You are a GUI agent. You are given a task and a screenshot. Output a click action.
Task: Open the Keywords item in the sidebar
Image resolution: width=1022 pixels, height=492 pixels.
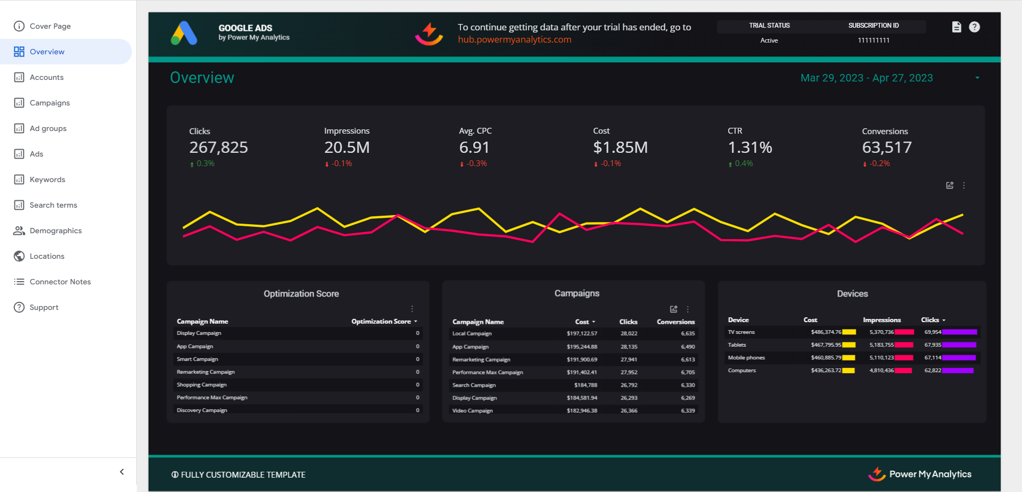click(47, 179)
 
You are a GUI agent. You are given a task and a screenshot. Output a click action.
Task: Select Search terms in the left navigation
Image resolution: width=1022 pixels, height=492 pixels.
click(53, 205)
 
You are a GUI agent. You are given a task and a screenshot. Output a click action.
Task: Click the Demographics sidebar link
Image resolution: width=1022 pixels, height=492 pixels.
click(55, 231)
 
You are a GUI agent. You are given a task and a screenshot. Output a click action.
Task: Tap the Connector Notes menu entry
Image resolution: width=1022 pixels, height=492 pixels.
click(60, 282)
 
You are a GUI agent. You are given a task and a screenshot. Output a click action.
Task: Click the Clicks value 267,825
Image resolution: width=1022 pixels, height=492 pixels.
click(218, 147)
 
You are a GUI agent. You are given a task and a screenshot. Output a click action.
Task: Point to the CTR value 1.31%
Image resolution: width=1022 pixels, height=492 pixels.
click(749, 147)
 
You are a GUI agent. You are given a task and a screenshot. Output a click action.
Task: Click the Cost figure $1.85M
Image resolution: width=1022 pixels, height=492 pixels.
click(620, 147)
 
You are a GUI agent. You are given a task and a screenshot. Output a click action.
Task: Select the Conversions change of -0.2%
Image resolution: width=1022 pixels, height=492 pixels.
click(879, 163)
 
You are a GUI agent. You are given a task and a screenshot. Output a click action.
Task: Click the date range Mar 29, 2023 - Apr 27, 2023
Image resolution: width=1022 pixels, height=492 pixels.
click(866, 78)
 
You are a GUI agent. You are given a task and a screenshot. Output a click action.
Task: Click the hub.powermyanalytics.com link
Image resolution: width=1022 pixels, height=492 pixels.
click(514, 40)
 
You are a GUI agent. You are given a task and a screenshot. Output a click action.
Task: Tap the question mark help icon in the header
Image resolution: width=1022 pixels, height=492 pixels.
click(974, 27)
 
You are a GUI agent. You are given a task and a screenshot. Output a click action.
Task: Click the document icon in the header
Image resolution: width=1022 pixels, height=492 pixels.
click(956, 27)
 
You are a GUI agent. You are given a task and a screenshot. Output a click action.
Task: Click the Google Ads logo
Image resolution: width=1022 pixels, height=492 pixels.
click(184, 33)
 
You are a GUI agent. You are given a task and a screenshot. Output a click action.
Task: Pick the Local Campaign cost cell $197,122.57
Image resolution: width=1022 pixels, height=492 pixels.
click(581, 334)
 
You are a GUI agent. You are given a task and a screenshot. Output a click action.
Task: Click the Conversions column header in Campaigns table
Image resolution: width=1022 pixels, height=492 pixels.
click(675, 322)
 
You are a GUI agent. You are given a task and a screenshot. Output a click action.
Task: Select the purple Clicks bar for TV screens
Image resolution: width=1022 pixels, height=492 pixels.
click(959, 332)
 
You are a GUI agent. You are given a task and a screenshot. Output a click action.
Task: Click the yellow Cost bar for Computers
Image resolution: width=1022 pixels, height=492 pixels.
click(848, 371)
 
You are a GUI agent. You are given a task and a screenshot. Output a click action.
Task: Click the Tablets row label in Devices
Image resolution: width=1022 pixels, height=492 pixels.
click(737, 345)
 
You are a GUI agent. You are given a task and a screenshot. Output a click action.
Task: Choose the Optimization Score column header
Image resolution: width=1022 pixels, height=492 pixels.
click(381, 322)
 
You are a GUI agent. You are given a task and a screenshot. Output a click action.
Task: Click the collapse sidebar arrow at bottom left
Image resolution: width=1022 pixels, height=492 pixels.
click(122, 472)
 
